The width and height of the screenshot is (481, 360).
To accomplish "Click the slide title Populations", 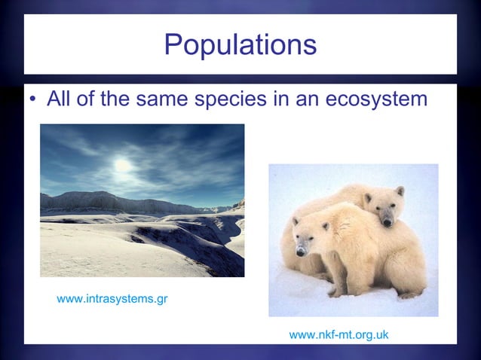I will (x=240, y=44).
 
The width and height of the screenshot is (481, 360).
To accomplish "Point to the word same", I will (x=164, y=99).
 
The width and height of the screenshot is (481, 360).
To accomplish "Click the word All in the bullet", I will (x=60, y=99).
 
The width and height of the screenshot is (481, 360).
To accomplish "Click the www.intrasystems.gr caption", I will (x=112, y=300).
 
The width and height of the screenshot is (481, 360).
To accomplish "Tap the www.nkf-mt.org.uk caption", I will (x=339, y=334).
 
